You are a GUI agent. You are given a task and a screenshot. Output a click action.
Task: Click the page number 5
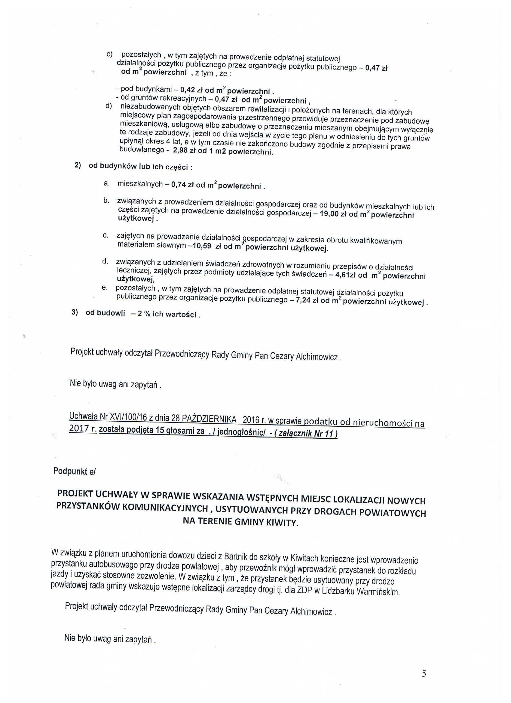tap(424, 674)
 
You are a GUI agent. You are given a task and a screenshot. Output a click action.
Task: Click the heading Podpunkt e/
tap(75, 471)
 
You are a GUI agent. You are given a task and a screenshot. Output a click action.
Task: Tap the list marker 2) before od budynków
tap(78, 165)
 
